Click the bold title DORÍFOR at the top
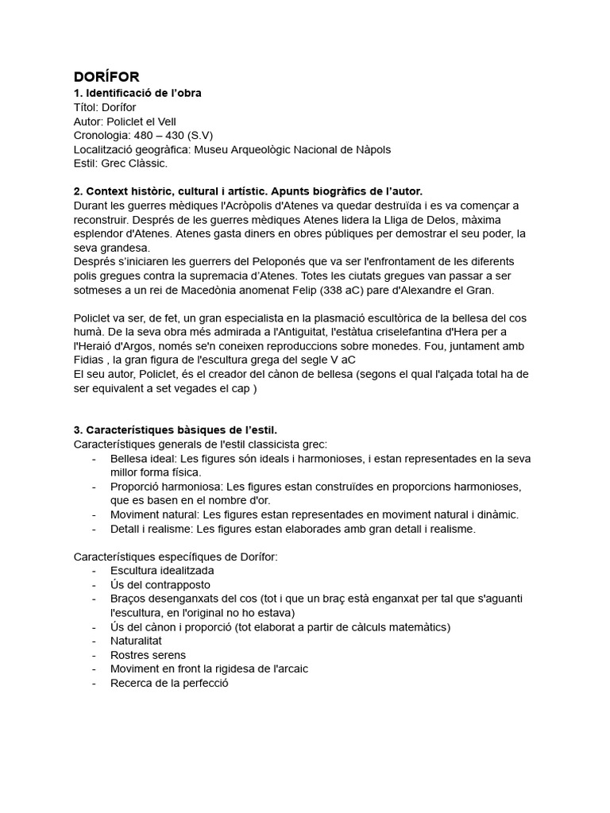106,77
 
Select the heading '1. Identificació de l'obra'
137,93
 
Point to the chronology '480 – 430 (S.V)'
174,135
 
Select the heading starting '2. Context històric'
248,191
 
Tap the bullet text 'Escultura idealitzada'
162,570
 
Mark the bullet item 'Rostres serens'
148,655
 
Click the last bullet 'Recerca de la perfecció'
169,683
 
